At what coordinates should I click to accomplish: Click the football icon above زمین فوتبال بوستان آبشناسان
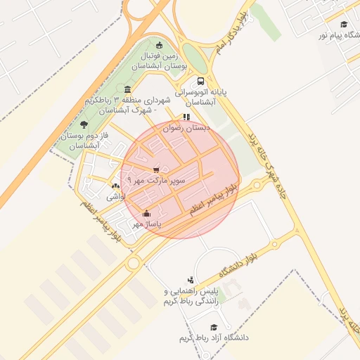[x=160, y=44]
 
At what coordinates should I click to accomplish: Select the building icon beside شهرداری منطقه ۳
[x=127, y=89]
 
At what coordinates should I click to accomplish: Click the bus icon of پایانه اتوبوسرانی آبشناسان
[x=202, y=81]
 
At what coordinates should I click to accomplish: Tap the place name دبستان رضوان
[x=187, y=129]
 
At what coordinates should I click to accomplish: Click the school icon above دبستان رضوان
[x=186, y=117]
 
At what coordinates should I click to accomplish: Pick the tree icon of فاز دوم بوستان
[x=84, y=124]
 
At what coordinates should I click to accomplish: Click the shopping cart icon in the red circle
[x=156, y=169]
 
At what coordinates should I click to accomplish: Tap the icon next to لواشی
[x=115, y=186]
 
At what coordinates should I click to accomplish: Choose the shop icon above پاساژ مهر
[x=146, y=213]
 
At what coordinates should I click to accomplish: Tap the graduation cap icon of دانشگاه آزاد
[x=213, y=326]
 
